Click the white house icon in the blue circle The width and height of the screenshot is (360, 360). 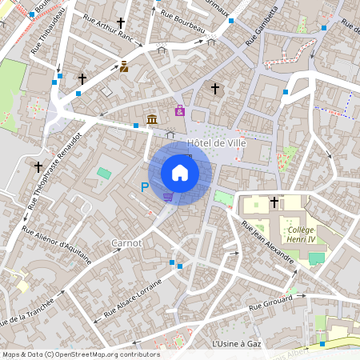click(x=180, y=173)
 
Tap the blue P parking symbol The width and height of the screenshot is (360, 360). click(x=145, y=187)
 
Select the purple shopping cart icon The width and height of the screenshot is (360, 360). click(x=168, y=196)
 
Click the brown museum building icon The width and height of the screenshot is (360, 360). click(x=152, y=120)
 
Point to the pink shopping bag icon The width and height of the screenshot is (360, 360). click(x=180, y=111)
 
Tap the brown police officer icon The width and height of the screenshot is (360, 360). click(x=124, y=67)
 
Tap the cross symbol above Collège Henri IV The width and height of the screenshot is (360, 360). click(x=274, y=202)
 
